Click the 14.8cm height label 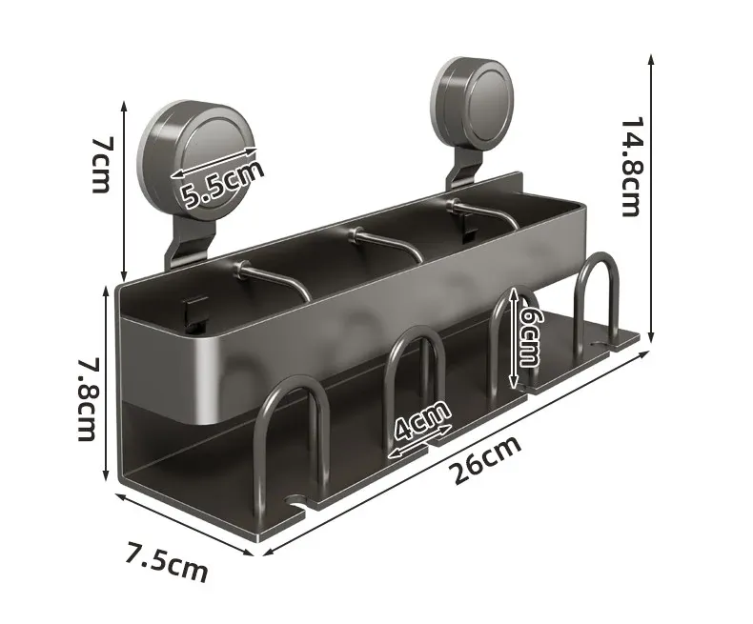coord(631,167)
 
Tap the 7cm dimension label coord(101,165)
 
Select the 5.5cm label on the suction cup coord(221,184)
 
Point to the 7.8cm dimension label coord(87,399)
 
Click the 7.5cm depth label coord(167,561)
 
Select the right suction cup coord(473,106)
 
